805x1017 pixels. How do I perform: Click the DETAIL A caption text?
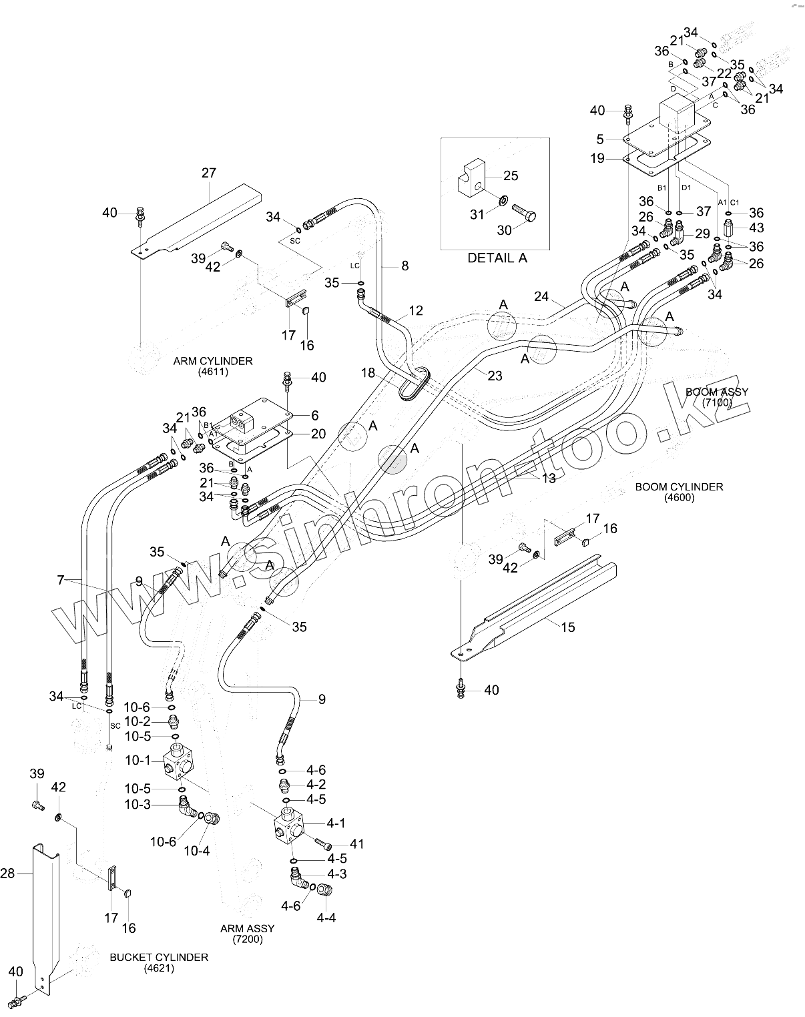497,258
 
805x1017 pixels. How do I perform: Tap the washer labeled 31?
503,200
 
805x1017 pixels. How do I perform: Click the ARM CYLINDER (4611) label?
213,366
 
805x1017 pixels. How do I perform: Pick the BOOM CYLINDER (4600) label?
679,492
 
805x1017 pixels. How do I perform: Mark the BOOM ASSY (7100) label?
717,397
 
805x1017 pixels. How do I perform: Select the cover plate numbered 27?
196,221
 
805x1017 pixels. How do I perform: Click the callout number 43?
756,228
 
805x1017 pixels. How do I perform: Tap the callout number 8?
405,266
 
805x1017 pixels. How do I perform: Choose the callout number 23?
495,376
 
